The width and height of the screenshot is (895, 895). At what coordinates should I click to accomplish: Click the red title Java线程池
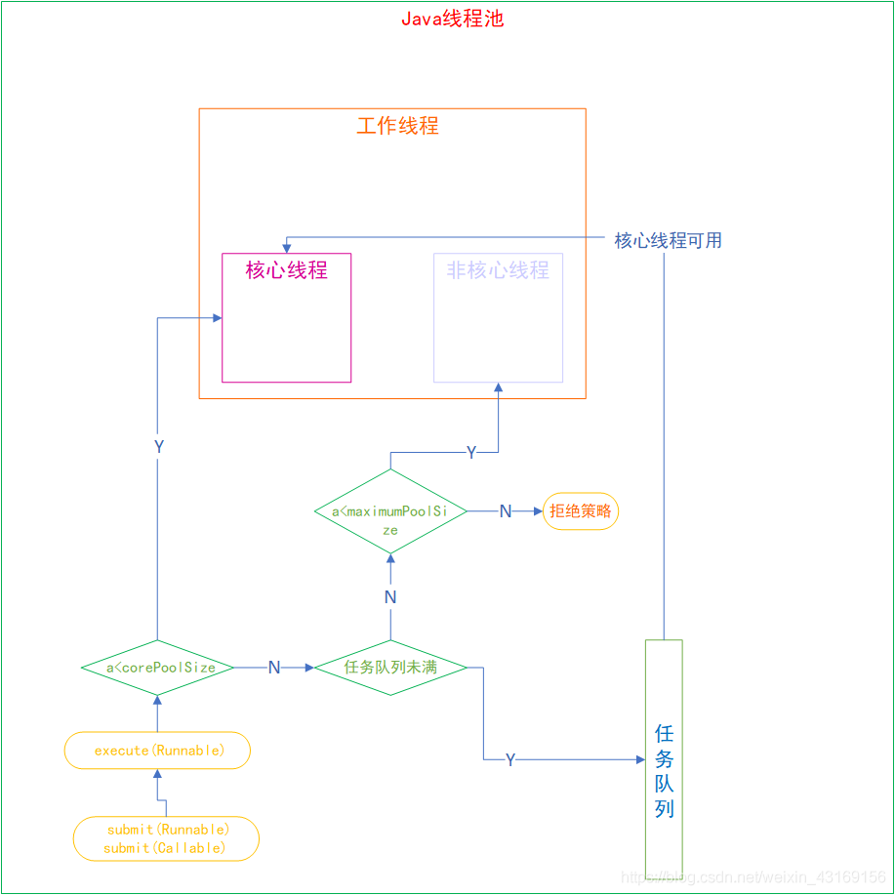pos(452,19)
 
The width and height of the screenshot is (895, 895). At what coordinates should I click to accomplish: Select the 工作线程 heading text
pos(397,126)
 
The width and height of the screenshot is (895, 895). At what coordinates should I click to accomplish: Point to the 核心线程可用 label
pos(668,240)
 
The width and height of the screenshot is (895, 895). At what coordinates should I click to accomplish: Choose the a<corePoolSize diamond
pos(157,668)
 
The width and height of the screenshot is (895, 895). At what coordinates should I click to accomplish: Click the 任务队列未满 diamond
pos(390,668)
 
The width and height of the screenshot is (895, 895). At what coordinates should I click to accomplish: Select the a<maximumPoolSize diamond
pos(390,511)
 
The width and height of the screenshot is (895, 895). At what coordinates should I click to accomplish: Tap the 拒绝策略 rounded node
pos(580,510)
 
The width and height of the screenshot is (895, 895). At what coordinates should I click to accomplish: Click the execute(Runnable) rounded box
pos(158,751)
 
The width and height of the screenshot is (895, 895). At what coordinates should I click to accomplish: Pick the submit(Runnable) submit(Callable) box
pos(166,838)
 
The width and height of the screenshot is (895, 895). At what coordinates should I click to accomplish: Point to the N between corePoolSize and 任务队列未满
pos(274,668)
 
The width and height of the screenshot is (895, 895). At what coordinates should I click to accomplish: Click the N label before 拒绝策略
pos(505,511)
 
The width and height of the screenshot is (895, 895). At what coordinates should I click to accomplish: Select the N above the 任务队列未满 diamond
pos(390,596)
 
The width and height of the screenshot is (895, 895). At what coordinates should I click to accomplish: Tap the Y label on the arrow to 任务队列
pos(509,759)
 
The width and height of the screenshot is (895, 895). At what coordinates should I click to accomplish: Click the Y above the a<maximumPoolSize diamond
pos(471,452)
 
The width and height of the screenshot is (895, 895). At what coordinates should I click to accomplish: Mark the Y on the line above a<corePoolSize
pos(158,446)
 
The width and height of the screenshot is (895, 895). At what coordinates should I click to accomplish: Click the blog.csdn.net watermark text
pos(753,877)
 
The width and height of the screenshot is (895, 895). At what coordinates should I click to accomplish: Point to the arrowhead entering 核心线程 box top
pos(285,247)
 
